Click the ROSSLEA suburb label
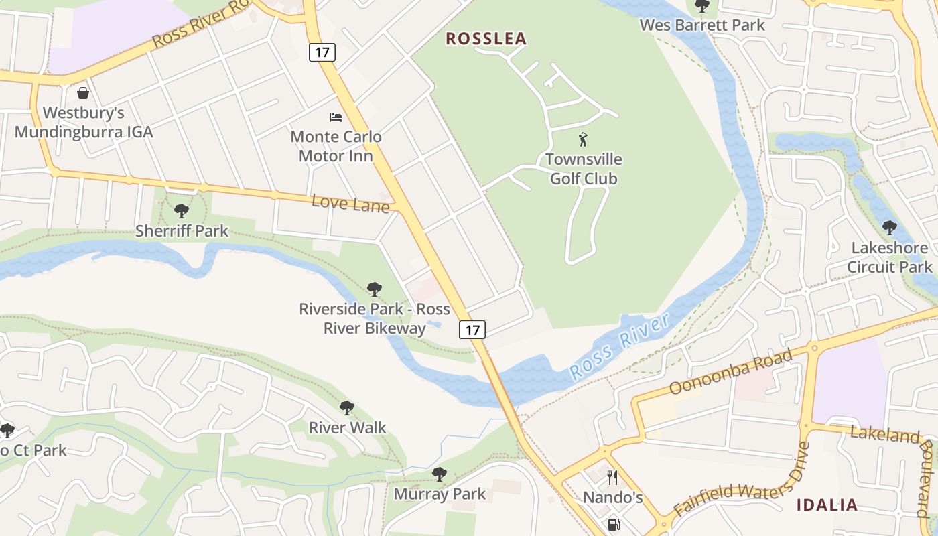pos(486,39)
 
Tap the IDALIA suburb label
pos(827,505)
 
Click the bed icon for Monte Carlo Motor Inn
pos(336,117)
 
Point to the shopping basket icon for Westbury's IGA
pos(83,92)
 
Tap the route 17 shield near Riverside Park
pos(472,330)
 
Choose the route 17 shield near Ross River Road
pos(322,52)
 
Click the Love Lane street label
pos(350,203)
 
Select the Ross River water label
pos(619,347)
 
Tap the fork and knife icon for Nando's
pos(612,477)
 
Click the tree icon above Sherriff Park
pos(181,212)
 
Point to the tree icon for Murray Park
pos(439,474)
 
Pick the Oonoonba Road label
pos(731,371)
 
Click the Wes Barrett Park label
pos(702,25)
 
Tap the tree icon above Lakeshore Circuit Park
pos(889,228)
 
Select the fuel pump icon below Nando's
pos(614,524)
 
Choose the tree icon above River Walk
pos(346,407)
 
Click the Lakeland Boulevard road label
pos(894,462)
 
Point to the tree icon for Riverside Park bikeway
pos(375,289)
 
